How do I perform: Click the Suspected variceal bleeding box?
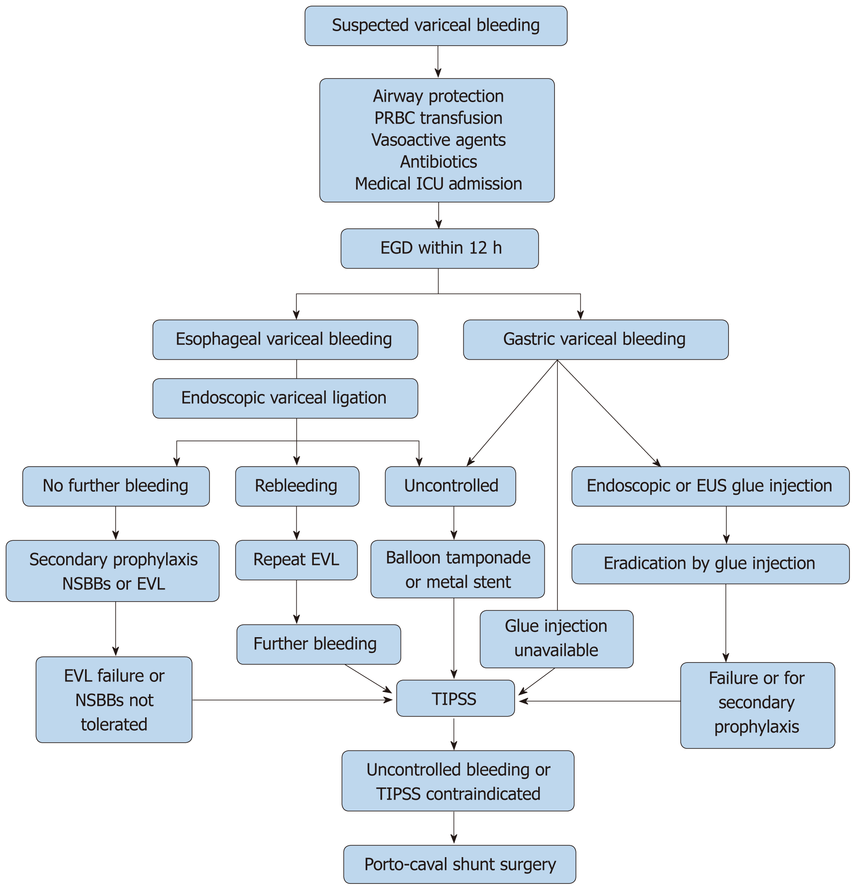tap(436, 25)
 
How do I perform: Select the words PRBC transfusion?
tap(438, 118)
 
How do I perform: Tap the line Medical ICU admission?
tap(438, 184)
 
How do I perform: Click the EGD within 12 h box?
tap(439, 248)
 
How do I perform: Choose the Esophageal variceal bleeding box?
tap(285, 340)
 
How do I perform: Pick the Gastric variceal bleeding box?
tap(595, 340)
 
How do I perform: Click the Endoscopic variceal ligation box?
tap(285, 398)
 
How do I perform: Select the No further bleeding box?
tap(116, 486)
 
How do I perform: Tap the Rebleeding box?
tap(297, 486)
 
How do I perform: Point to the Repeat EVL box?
tap(296, 560)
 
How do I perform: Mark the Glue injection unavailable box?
tap(556, 638)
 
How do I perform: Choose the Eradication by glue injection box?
tap(710, 564)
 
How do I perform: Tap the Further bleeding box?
tap(318, 644)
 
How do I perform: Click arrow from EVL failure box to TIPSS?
tap(291, 700)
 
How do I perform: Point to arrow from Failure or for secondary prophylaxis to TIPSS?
tap(600, 701)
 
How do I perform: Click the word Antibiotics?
tap(438, 162)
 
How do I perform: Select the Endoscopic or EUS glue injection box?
tap(710, 486)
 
